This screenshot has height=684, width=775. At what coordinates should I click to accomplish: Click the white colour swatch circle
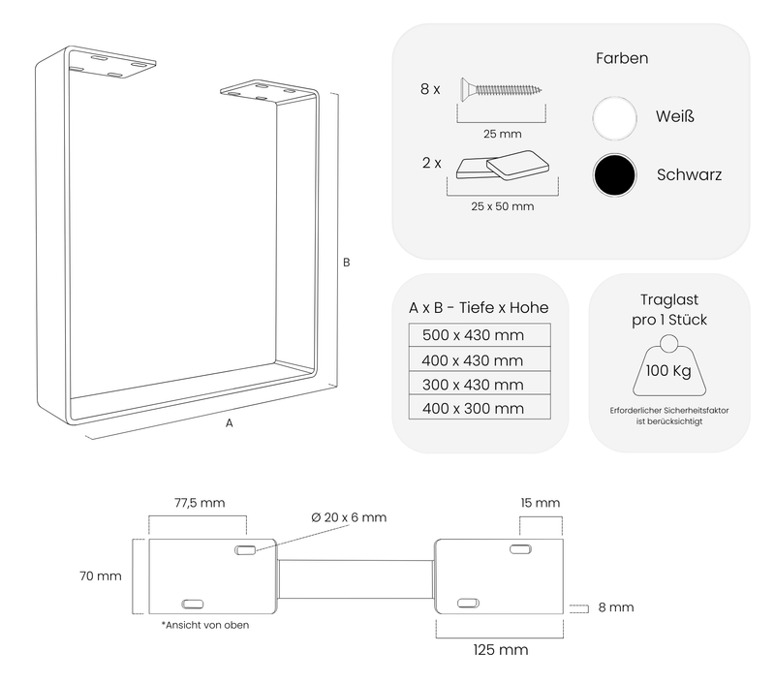click(x=614, y=118)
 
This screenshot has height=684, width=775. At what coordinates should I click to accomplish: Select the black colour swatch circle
click(x=614, y=175)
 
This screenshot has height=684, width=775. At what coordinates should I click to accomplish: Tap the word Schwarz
click(x=689, y=174)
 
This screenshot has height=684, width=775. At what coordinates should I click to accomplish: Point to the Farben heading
click(x=622, y=58)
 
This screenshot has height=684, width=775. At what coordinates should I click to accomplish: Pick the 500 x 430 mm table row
click(x=480, y=335)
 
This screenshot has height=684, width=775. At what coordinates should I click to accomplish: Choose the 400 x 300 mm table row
click(x=480, y=408)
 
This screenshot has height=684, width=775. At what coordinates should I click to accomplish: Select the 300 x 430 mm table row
click(x=480, y=384)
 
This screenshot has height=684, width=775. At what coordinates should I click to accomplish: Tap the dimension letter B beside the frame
click(x=347, y=263)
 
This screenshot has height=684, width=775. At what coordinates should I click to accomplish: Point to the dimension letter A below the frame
click(x=230, y=423)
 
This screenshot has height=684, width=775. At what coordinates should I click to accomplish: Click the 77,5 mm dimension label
click(x=200, y=503)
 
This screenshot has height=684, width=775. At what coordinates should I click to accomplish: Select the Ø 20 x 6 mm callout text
click(x=349, y=517)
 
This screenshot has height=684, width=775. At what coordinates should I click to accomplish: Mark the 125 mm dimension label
click(x=501, y=649)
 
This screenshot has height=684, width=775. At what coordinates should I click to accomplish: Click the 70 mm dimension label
click(x=101, y=575)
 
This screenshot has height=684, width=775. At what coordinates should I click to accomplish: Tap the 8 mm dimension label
click(x=616, y=607)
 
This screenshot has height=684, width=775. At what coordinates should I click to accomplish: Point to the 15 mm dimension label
click(x=541, y=503)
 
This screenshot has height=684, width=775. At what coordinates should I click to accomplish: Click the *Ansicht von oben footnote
click(x=205, y=625)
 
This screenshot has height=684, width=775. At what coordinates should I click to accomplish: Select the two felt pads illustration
click(x=502, y=166)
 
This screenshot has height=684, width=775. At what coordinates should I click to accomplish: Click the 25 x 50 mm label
click(x=502, y=206)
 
